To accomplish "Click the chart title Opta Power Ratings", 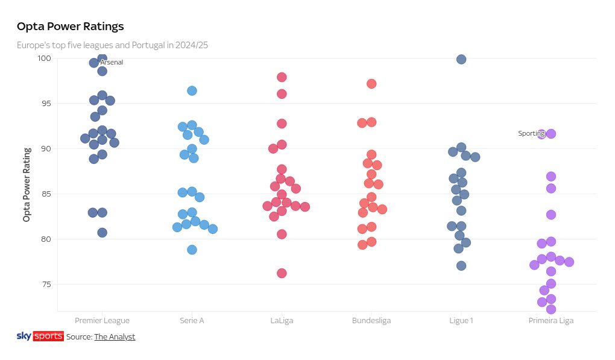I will pyautogui.click(x=70, y=27).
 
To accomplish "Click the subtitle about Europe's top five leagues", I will pyautogui.click(x=112, y=45).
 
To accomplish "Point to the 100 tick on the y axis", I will pyautogui.click(x=45, y=58).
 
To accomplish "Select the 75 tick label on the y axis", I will pyautogui.click(x=46, y=284).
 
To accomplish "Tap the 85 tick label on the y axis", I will pyautogui.click(x=46, y=194).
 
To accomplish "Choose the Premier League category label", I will pyautogui.click(x=102, y=321).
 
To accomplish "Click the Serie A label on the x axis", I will pyautogui.click(x=192, y=321).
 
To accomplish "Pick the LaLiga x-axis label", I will pyautogui.click(x=282, y=321).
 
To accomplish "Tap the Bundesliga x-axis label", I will pyautogui.click(x=371, y=321).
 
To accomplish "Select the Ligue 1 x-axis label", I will pyautogui.click(x=461, y=321).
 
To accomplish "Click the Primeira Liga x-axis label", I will pyautogui.click(x=550, y=321).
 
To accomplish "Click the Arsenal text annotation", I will pyautogui.click(x=112, y=63).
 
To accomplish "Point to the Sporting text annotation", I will pyautogui.click(x=531, y=134).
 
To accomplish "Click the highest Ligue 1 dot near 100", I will pyautogui.click(x=461, y=59).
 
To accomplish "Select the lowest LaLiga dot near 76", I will pyautogui.click(x=282, y=273).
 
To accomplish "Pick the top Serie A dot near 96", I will pyautogui.click(x=192, y=90).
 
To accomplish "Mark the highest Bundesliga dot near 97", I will pyautogui.click(x=371, y=84).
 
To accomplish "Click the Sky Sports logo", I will pyautogui.click(x=40, y=336).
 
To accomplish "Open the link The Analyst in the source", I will pyautogui.click(x=115, y=337).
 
